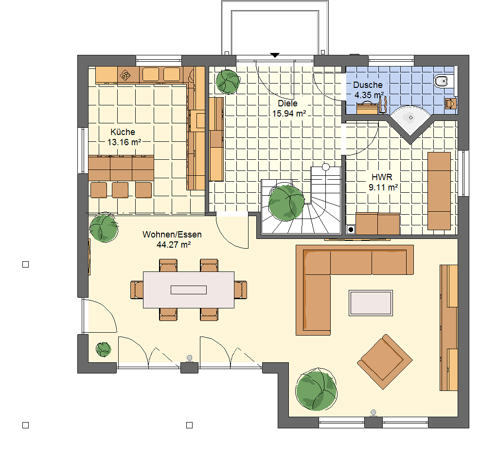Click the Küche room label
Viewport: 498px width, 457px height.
(123, 132)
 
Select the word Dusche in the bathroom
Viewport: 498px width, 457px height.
(368, 85)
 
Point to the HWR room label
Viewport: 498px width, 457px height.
(382, 177)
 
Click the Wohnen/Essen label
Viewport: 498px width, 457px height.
(172, 235)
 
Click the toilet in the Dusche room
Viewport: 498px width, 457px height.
(442, 82)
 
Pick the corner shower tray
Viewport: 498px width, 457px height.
(410, 120)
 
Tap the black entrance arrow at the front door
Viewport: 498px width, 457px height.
(275, 55)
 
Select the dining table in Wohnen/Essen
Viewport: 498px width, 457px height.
(189, 290)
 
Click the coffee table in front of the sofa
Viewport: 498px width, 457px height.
(371, 303)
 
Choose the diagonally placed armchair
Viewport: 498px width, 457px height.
(385, 361)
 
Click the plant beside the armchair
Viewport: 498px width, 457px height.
(316, 389)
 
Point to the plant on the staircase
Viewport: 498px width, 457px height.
(286, 203)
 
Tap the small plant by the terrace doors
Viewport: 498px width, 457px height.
(104, 350)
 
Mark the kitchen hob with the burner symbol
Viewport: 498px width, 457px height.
(125, 75)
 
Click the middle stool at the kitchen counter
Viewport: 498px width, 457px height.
(120, 190)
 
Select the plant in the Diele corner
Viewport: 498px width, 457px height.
(228, 82)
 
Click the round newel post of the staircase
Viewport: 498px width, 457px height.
(325, 167)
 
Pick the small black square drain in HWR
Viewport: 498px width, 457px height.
(351, 230)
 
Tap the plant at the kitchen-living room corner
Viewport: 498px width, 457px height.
(104, 228)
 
